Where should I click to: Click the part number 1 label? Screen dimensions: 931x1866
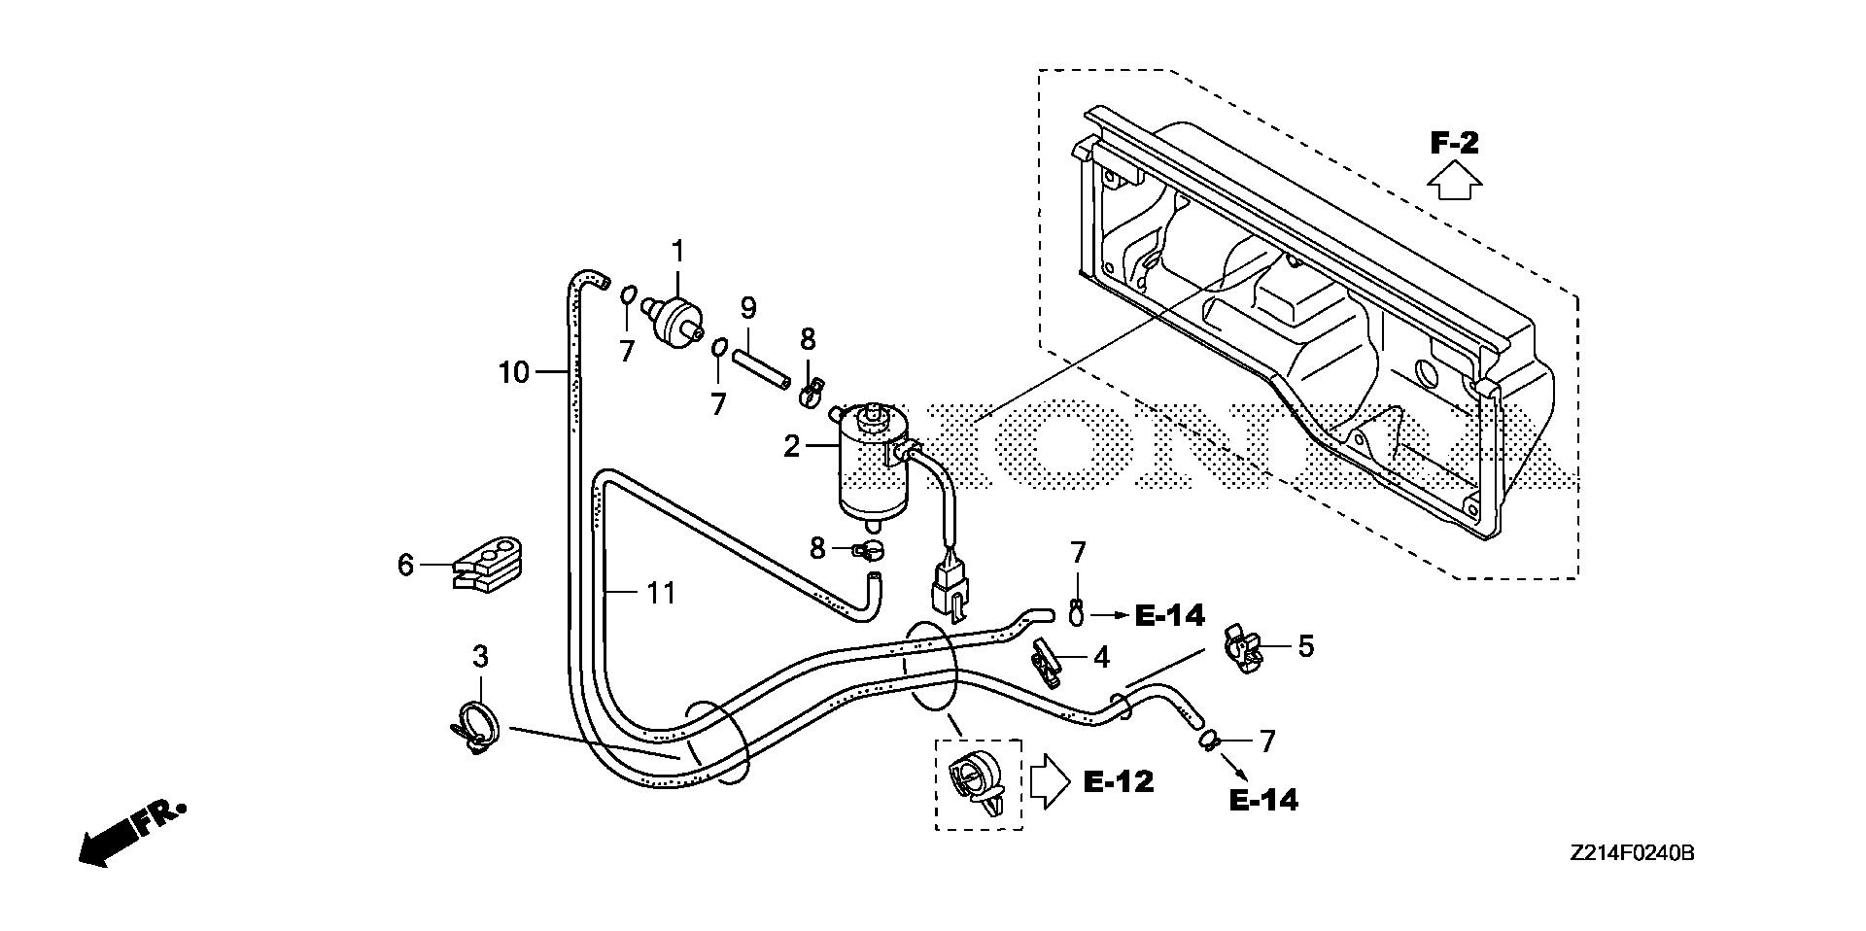pyautogui.click(x=677, y=252)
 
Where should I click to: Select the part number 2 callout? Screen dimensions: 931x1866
pyautogui.click(x=792, y=446)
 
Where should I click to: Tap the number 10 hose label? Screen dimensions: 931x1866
pyautogui.click(x=514, y=371)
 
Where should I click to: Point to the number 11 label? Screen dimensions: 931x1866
pyautogui.click(x=661, y=592)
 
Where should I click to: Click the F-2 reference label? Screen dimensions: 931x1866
pyautogui.click(x=1454, y=144)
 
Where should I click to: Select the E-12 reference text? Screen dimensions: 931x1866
pyautogui.click(x=1119, y=781)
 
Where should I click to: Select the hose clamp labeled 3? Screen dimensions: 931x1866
pyautogui.click(x=475, y=726)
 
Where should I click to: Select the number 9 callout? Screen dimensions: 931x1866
pyautogui.click(x=747, y=308)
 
